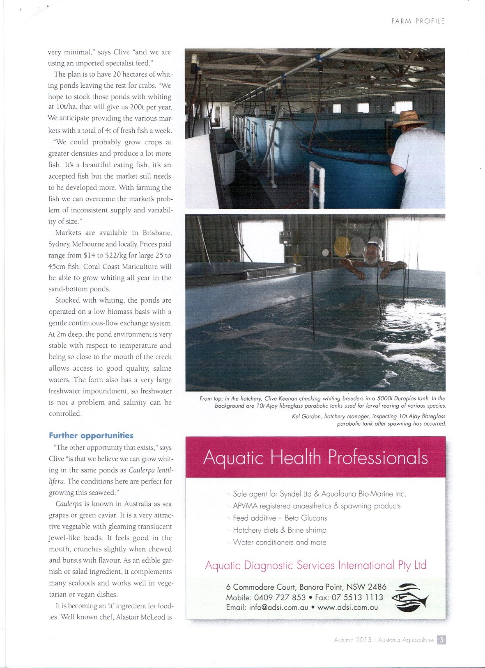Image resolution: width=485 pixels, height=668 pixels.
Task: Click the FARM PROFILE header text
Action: click(x=418, y=21)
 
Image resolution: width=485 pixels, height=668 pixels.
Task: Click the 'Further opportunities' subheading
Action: click(x=91, y=435)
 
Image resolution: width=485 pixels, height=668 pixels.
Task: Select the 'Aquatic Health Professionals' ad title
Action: click(x=315, y=457)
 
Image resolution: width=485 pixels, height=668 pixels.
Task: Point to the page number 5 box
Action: click(x=441, y=640)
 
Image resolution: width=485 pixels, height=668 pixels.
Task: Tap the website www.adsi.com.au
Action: click(x=347, y=608)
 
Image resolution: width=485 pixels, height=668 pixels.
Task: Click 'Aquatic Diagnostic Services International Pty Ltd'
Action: click(x=315, y=565)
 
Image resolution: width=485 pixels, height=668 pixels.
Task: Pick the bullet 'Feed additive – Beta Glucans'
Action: click(x=280, y=518)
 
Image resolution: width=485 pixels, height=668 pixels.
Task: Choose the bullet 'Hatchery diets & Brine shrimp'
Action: click(x=279, y=530)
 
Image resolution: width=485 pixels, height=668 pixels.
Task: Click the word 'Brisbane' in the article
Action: click(x=157, y=233)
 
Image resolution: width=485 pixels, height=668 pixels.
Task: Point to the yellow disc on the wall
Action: click(x=342, y=246)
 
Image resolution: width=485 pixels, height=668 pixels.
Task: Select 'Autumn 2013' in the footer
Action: click(x=352, y=640)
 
